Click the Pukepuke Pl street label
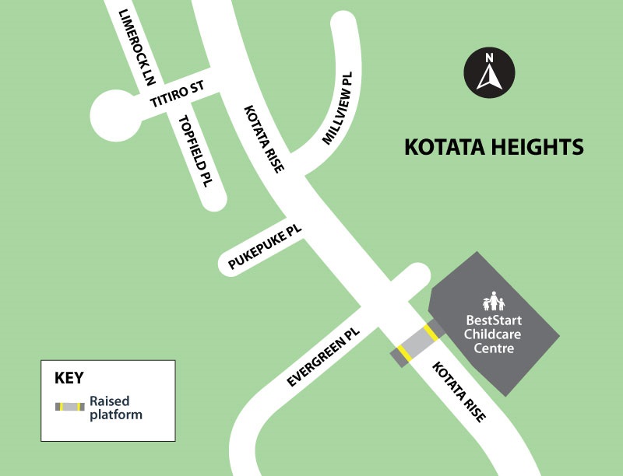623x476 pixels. [265, 248]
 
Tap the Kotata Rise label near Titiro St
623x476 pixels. [263, 138]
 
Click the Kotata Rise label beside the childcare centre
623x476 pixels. [459, 392]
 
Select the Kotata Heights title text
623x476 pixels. [494, 147]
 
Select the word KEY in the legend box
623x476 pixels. [69, 379]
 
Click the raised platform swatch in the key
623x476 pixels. [69, 407]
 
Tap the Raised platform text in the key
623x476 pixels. [115, 408]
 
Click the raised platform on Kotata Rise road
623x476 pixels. [417, 344]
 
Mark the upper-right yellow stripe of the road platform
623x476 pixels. [429, 332]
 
